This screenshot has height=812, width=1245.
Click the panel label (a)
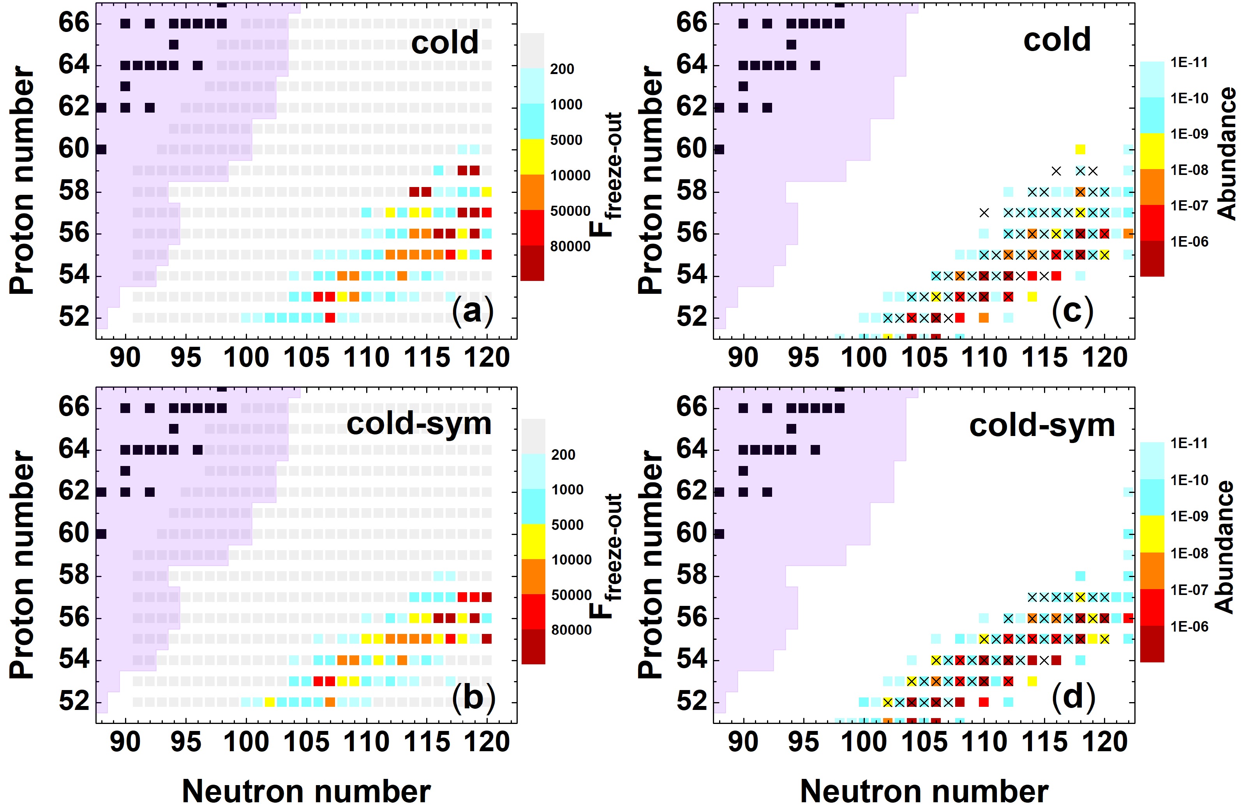pos(473,312)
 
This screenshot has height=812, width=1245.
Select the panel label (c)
pos(1072,312)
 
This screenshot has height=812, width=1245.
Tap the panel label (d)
pos(1073,697)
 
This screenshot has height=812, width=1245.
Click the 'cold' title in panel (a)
pos(444,42)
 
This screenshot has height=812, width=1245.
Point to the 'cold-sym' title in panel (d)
pos(1042,425)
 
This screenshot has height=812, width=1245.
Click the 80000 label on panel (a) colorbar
pos(570,246)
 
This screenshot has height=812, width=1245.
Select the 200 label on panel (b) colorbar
pos(563,455)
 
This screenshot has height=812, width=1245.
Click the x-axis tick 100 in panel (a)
pos(246,358)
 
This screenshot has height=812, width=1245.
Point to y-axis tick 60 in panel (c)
pos(691,150)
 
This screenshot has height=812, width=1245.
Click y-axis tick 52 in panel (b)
pos(74,702)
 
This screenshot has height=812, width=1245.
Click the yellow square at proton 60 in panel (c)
pos(1080,150)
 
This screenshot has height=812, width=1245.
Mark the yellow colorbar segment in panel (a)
pos(532,156)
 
